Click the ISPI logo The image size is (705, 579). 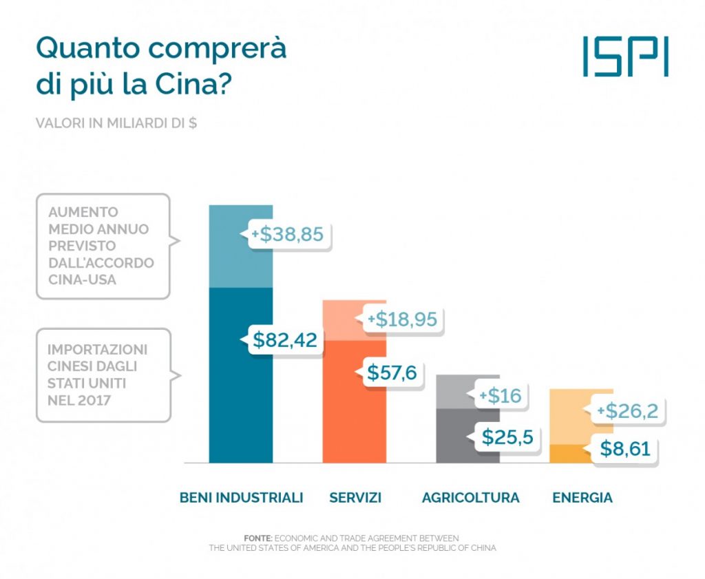tap(624, 56)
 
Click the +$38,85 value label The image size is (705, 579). tap(287, 234)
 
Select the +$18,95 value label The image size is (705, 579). tap(403, 319)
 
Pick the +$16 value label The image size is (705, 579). tap(501, 396)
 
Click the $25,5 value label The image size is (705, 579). tap(507, 436)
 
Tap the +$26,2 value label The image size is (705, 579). tap(627, 411)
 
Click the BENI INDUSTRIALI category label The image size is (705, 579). tap(241, 497)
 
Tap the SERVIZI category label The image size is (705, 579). tap(355, 497)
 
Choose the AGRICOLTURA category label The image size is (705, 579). tap(471, 497)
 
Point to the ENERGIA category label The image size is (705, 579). tap(582, 497)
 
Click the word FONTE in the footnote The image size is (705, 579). tap(258, 537)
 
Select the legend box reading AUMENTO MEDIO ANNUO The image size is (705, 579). tap(103, 246)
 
